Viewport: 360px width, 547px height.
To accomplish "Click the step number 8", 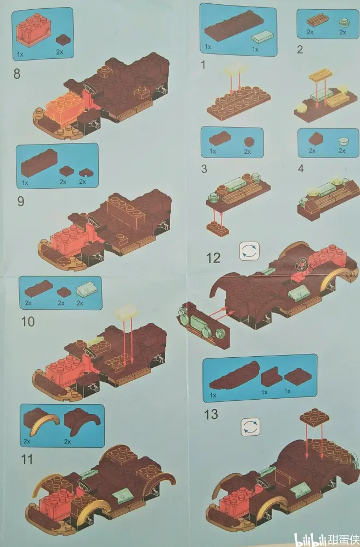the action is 17,74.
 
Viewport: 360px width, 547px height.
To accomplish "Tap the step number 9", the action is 21,201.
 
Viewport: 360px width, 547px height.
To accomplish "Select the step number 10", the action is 28,321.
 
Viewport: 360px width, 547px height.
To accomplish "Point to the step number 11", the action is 27,459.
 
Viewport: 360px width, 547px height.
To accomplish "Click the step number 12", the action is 213,258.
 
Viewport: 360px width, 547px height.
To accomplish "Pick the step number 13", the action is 211,414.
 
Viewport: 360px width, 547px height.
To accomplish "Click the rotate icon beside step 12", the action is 249,251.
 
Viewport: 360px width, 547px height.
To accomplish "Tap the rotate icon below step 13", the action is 250,427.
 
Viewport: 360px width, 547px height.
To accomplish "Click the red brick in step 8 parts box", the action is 33,31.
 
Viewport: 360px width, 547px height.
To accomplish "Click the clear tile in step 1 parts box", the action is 263,36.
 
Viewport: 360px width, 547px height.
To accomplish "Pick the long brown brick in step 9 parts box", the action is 39,163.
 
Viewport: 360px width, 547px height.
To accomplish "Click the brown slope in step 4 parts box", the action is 315,140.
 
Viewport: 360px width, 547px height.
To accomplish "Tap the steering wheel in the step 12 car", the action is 302,266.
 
